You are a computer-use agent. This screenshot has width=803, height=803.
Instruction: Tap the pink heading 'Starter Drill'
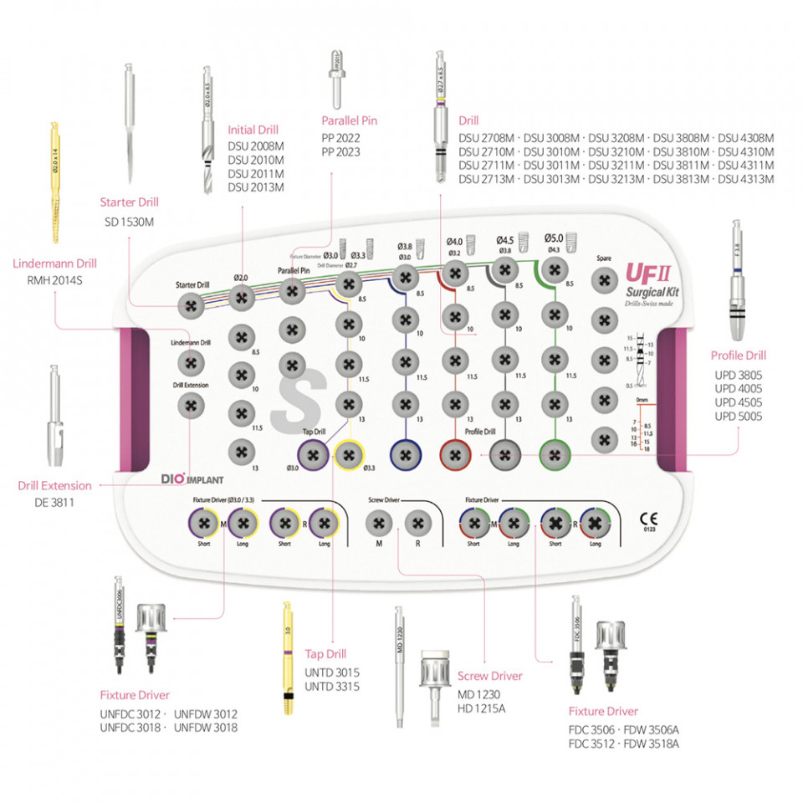click(x=129, y=202)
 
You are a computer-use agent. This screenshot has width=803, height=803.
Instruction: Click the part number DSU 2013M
click(x=256, y=187)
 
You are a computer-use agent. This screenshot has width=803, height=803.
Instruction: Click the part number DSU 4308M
click(x=746, y=138)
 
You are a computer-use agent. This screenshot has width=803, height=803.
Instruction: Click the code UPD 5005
click(x=738, y=416)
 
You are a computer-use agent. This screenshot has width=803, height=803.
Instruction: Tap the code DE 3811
click(x=55, y=503)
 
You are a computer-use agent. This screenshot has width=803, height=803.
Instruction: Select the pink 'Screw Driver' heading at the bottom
click(x=489, y=676)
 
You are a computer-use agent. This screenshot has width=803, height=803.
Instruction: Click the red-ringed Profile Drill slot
click(x=454, y=455)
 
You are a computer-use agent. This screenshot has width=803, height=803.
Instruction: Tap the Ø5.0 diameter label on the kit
click(x=554, y=238)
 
